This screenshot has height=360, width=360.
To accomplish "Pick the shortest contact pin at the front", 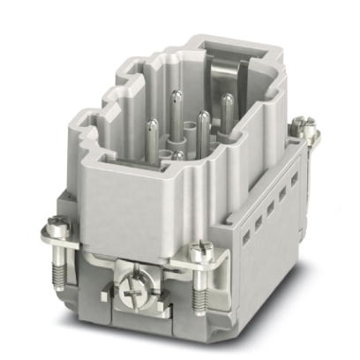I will (x=178, y=155).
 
